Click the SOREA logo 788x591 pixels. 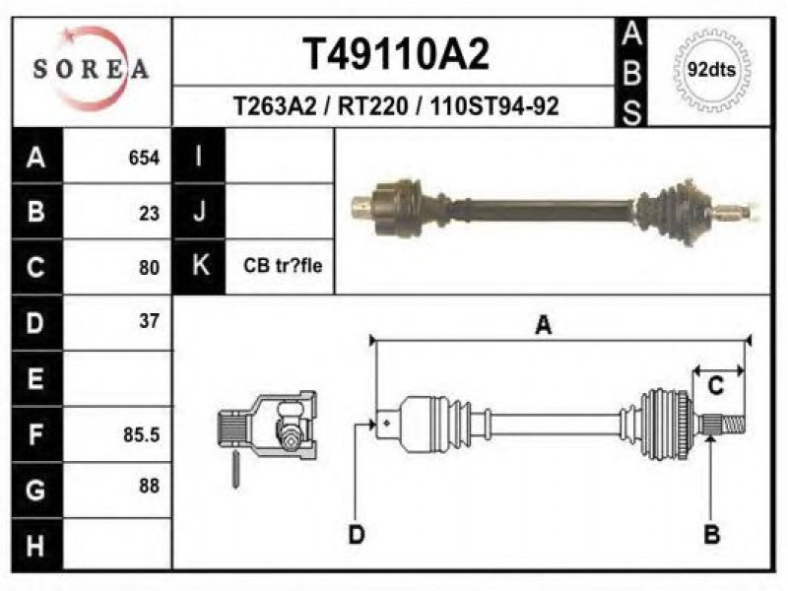(91, 68)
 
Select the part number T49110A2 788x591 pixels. (396, 54)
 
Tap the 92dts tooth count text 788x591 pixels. (711, 69)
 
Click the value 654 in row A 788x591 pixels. (144, 158)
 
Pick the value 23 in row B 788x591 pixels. (150, 214)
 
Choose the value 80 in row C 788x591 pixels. (150, 268)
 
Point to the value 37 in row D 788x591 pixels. (150, 321)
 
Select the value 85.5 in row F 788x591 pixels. (142, 434)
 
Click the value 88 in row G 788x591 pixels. (150, 486)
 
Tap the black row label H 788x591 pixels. (36, 546)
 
